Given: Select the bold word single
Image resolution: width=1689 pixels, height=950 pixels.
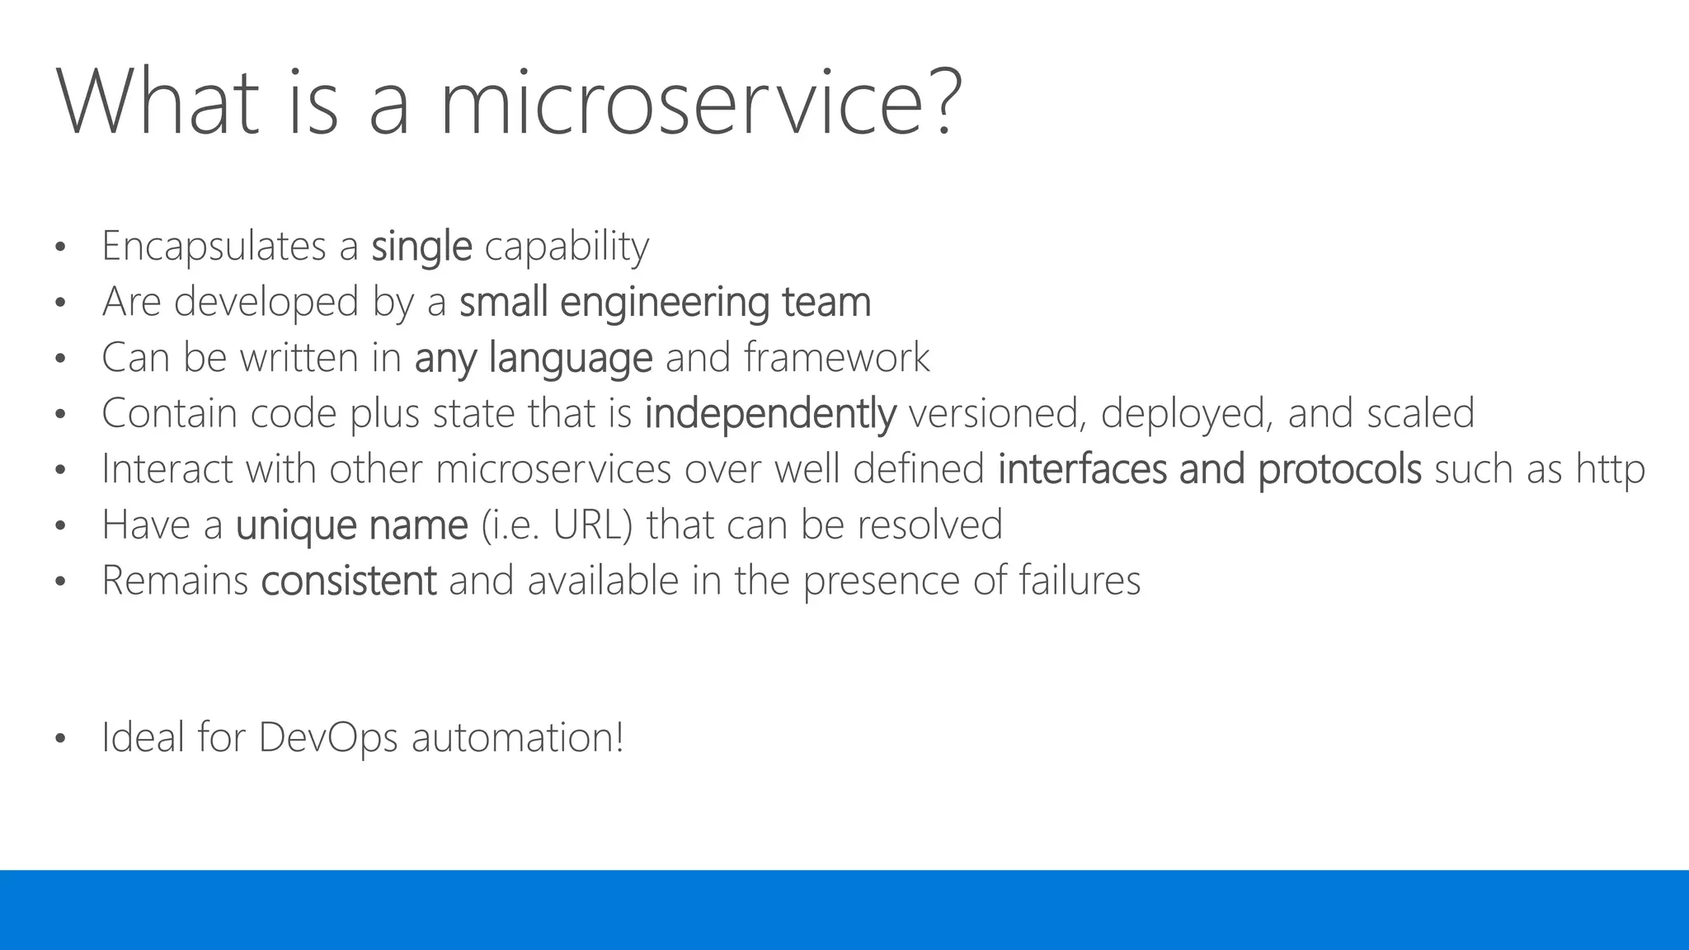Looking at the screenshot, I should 421,247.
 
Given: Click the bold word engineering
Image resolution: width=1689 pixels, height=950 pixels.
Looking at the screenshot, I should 665,302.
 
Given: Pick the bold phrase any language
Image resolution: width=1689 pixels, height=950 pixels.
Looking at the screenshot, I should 534,358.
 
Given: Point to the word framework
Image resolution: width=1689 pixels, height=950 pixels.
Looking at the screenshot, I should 836,358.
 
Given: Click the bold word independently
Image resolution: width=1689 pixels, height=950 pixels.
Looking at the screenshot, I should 769,413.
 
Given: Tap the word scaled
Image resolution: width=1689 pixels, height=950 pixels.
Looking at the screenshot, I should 1420,413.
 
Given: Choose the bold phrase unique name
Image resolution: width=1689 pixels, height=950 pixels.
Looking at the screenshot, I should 352,525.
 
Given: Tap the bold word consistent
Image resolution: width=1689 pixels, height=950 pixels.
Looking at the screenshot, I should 348,581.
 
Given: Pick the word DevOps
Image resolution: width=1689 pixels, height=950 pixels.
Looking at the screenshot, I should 328,737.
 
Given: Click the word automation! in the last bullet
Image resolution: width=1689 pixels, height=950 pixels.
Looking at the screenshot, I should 517,737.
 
